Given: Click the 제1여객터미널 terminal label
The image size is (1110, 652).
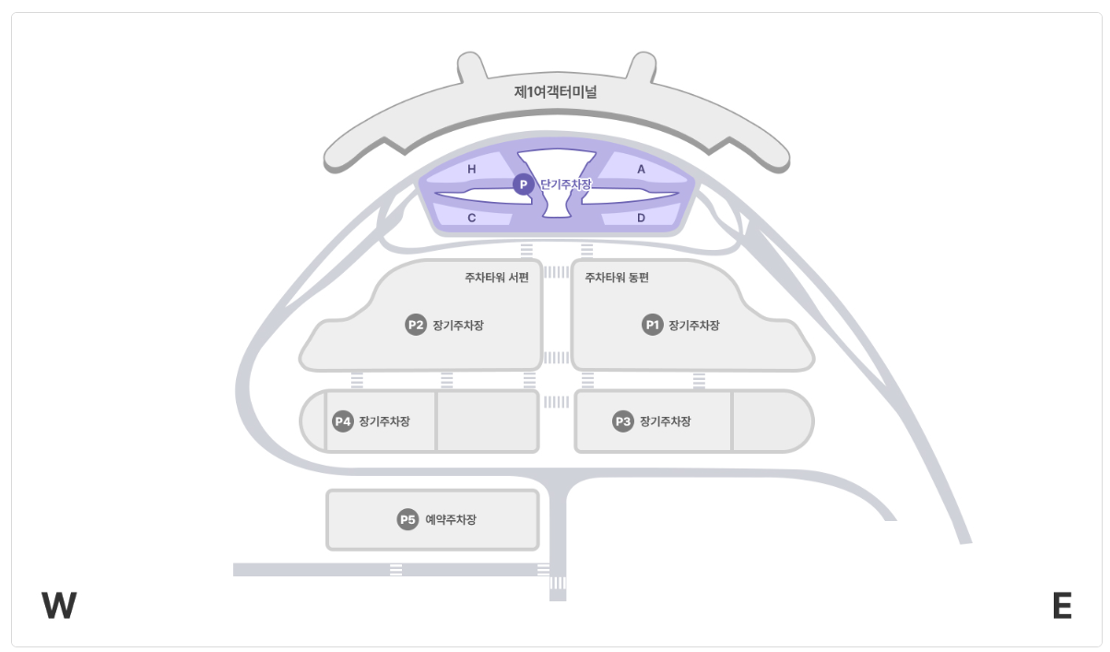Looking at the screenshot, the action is pos(555,92).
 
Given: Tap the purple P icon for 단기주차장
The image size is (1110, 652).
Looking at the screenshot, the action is pos(523,184).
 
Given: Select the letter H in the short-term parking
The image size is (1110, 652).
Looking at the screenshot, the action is pos(472,170).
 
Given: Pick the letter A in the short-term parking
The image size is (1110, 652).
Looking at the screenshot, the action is pos(642,170).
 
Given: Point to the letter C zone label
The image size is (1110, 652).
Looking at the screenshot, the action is pos(472,219).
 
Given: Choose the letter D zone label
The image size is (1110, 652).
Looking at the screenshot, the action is pos(642,219).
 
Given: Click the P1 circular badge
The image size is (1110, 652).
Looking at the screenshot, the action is pos(653,325).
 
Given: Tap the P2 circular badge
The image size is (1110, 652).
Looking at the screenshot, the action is pos(416,325).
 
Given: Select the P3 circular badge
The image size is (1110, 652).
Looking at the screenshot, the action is pos(623,421).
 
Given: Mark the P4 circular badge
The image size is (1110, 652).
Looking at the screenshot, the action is pos(343,421).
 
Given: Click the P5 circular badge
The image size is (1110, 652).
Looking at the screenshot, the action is pos(407,520).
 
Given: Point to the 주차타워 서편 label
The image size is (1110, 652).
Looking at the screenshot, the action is pos(497,277).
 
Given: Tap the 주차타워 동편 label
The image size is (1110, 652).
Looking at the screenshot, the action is pos(617,277).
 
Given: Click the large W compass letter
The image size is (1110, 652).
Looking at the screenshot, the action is pos(59,606).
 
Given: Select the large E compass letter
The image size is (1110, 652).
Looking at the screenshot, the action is pos(1062,606).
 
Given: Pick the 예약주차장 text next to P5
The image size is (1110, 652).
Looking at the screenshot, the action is pos(451,520).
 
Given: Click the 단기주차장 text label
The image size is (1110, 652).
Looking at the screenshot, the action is pos(565,184).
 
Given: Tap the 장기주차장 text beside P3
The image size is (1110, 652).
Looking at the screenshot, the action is pos(665,421).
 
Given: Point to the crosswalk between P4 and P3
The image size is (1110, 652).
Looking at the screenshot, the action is pos(557,402).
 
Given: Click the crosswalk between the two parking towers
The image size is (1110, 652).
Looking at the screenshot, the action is pos(557,272).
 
